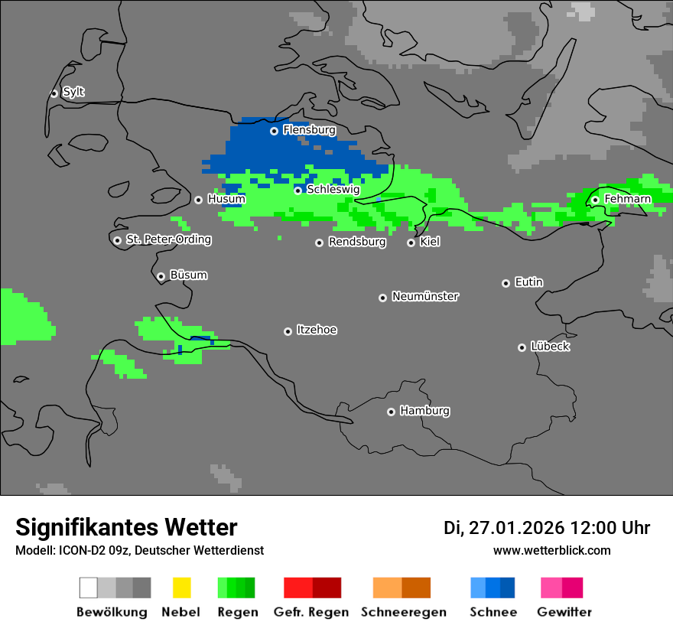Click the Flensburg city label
[309, 130]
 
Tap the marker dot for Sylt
[54, 93]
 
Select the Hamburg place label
[424, 411]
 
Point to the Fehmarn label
[627, 199]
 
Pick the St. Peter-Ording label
[168, 239]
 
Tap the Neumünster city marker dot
[382, 298]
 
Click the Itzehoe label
[317, 330]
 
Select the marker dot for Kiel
[411, 243]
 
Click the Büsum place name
[188, 275]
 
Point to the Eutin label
[528, 282]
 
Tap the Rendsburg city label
[357, 242]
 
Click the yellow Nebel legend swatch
[181, 588]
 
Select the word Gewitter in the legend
[564, 612]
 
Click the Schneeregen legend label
[404, 612]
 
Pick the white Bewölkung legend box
[89, 588]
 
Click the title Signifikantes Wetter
[126, 527]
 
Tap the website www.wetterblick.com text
[551, 550]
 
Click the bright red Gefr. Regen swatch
[297, 588]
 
